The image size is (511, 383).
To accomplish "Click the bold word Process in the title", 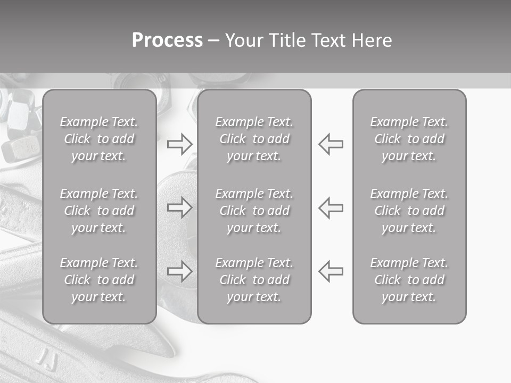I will tap(167, 40).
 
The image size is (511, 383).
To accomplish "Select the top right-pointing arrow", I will tap(179, 144).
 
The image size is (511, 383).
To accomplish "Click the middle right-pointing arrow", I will tap(179, 207).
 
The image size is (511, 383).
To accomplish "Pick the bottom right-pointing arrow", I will tap(179, 271).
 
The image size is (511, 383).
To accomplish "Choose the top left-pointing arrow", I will tap(331, 144).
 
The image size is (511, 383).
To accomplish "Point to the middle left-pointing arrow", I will tap(331, 207).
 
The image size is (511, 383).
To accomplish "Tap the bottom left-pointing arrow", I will tap(331, 271).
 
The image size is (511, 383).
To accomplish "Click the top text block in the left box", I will tap(99, 139).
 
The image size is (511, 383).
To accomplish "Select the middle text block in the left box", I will tap(99, 211).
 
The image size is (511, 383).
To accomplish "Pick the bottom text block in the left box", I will tap(99, 280).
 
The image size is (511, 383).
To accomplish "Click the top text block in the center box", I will tap(254, 139).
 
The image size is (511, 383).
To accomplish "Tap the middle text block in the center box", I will tap(254, 211).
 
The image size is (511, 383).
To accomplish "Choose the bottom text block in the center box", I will tap(254, 280).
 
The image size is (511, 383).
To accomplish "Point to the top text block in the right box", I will tap(409, 139).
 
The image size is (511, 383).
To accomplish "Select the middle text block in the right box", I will tap(409, 211).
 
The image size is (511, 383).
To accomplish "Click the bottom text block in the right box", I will tap(409, 280).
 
